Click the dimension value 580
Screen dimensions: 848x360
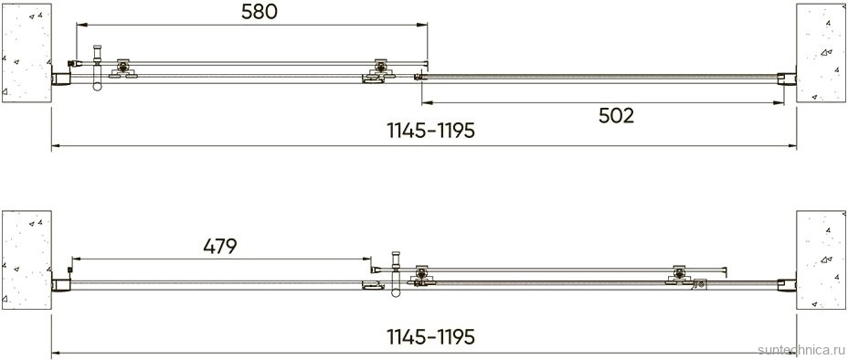pyautogui.click(x=259, y=12)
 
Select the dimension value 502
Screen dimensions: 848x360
pyautogui.click(x=616, y=116)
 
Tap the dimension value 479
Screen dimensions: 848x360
pyautogui.click(x=220, y=247)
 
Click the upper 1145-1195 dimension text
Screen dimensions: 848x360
pyautogui.click(x=430, y=131)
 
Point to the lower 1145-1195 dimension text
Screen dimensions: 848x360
pyautogui.click(x=430, y=337)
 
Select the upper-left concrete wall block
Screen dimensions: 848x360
pyautogui.click(x=26, y=52)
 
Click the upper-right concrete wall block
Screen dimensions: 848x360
pyautogui.click(x=821, y=52)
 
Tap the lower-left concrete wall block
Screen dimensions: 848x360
pyautogui.click(x=26, y=259)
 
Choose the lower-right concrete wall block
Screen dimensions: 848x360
pyautogui.click(x=821, y=259)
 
